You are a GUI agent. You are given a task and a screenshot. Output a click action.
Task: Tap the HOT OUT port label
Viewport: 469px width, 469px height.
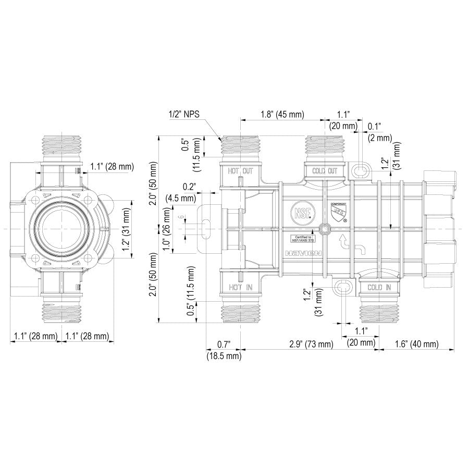(x=240, y=170)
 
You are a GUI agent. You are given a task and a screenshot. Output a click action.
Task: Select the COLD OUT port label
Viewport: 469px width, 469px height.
(x=325, y=170)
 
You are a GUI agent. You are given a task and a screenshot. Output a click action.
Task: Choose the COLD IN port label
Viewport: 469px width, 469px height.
(x=379, y=287)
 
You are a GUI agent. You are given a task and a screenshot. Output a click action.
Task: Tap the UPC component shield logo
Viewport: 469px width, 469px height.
(x=339, y=212)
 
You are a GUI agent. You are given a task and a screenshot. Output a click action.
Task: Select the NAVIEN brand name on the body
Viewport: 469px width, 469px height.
(x=304, y=254)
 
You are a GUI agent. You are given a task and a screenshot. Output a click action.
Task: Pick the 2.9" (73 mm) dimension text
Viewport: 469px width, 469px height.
(x=311, y=344)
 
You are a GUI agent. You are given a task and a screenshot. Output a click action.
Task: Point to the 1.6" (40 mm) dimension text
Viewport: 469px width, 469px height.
(x=416, y=344)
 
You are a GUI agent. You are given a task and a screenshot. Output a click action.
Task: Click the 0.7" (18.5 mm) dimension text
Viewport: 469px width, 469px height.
(x=224, y=350)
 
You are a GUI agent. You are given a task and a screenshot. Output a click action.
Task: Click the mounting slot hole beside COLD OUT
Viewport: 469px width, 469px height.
(x=359, y=170)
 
